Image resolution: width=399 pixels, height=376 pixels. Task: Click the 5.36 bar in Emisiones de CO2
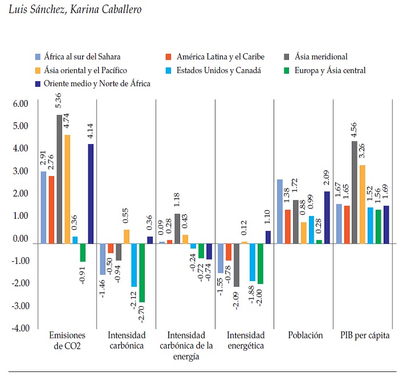[x=59, y=179]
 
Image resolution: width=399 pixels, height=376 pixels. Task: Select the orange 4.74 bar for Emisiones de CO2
[x=67, y=189]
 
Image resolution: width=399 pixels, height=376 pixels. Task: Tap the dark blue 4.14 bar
[x=91, y=194]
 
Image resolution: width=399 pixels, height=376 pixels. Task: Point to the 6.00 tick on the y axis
[x=20, y=104]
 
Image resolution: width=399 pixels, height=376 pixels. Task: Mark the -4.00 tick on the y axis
[x=19, y=328]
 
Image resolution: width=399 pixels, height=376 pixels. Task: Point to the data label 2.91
[x=43, y=159]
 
